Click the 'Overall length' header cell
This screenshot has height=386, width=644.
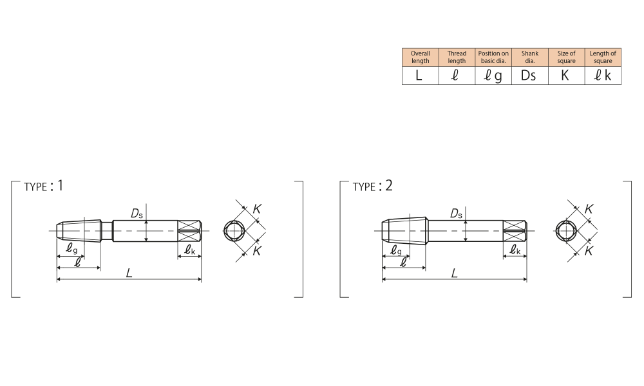[420, 57]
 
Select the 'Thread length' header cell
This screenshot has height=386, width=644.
[457, 57]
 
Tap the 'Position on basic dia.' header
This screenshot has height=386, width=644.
[493, 57]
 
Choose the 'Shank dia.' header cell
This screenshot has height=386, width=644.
[530, 57]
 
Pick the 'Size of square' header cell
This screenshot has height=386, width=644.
[566, 57]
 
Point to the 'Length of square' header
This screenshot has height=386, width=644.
[603, 57]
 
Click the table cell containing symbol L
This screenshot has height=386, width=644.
[420, 75]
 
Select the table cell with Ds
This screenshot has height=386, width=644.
[530, 75]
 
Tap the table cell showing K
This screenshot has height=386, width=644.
[566, 75]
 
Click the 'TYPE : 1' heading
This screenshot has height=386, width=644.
[44, 186]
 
